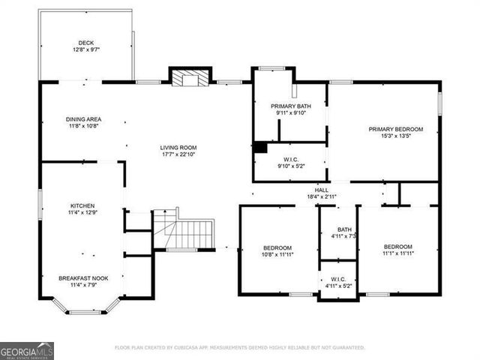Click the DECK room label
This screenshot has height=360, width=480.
[86, 43]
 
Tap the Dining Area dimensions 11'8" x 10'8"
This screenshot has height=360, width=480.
[83, 127]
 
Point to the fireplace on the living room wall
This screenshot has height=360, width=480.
[187, 77]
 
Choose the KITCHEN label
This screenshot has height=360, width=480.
[83, 205]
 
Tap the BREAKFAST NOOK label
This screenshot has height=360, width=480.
[83, 277]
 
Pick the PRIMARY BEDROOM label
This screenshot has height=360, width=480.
[395, 129]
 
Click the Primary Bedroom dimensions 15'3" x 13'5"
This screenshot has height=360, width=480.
[395, 136]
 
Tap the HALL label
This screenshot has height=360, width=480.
[321, 190]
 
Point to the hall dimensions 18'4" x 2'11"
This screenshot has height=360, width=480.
[321, 196]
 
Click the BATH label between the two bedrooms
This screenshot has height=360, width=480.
[344, 229]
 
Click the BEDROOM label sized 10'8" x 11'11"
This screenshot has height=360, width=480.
[277, 247]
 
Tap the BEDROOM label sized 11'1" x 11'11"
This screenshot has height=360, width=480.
[398, 247]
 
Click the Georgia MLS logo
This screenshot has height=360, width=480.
[27, 350]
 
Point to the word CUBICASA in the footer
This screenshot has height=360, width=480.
[190, 348]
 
